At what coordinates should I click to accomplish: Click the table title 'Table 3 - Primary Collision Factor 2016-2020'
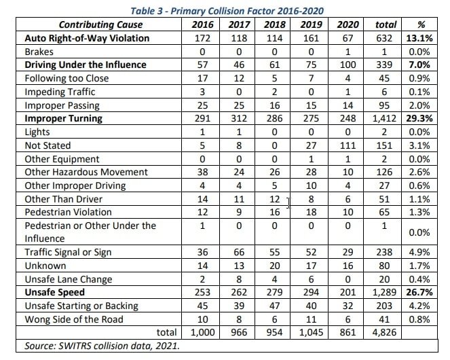[227, 11]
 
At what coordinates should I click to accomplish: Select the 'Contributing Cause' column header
[100, 24]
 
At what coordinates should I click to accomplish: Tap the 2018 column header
[275, 24]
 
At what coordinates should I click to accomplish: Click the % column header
[421, 24]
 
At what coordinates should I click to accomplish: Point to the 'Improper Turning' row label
[63, 118]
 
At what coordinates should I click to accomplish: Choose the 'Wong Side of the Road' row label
[74, 319]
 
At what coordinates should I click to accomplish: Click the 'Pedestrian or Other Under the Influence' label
[90, 232]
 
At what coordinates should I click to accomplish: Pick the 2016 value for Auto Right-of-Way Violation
[203, 38]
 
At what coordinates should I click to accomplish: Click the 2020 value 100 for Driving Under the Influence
[348, 65]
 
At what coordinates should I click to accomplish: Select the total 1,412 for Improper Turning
[384, 118]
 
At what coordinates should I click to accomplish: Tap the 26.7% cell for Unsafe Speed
[419, 292]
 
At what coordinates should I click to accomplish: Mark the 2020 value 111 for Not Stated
[348, 145]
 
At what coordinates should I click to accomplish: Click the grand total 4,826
[384, 332]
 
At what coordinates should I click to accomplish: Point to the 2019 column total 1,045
[311, 332]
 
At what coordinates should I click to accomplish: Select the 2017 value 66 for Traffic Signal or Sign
[239, 252]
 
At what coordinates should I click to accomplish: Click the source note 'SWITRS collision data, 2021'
[119, 346]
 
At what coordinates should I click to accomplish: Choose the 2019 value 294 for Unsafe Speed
[311, 292]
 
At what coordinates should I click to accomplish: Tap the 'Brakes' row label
[39, 52]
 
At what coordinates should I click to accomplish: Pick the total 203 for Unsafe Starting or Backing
[384, 306]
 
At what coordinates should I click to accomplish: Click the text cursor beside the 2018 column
[288, 203]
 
